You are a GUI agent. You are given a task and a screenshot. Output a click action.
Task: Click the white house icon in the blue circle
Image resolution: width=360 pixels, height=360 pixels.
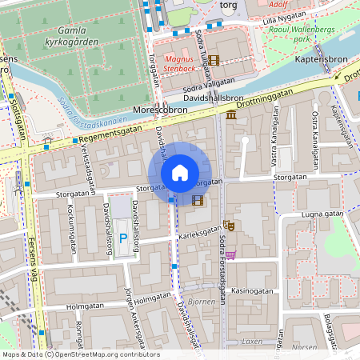(x=180, y=173)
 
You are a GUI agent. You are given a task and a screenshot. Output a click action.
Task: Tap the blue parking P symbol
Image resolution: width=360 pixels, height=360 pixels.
(x=122, y=238)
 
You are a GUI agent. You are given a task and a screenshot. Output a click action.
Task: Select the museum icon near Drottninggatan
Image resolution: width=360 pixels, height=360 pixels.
(x=231, y=118)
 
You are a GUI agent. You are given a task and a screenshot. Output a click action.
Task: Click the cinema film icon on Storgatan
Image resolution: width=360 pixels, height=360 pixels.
(x=197, y=198)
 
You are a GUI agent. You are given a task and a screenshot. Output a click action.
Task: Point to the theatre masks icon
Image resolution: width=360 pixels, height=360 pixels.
(x=228, y=227)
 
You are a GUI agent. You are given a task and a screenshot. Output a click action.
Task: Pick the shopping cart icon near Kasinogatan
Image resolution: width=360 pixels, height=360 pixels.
(x=230, y=255)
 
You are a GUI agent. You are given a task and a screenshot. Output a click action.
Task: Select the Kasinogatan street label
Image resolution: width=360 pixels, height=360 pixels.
(x=251, y=293)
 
